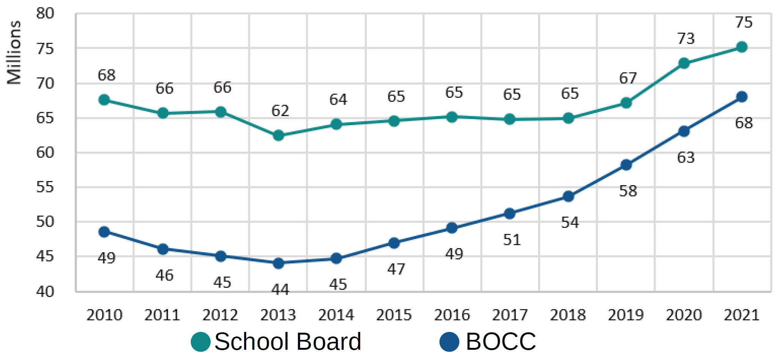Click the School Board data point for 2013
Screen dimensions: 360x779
(278, 135)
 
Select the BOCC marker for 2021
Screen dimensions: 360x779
(742, 97)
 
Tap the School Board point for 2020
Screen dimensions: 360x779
(684, 63)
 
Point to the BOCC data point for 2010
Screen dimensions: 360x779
(104, 232)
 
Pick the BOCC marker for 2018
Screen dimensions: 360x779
(568, 196)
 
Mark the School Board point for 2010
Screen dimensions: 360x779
(104, 100)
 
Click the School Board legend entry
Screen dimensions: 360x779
(277, 341)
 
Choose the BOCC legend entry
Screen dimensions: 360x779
(488, 341)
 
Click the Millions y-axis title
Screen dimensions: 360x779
(14, 52)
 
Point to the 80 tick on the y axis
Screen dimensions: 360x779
(45, 14)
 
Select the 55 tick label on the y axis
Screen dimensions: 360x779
(45, 187)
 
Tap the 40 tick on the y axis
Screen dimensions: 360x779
(45, 292)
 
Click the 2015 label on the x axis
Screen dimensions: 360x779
(394, 315)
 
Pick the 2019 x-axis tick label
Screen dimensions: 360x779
(626, 315)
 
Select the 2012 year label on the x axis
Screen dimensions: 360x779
(220, 315)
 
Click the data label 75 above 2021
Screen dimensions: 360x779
(744, 22)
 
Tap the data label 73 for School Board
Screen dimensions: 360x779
(686, 39)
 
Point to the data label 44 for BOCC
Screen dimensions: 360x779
(280, 290)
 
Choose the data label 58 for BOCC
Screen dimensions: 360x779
(628, 191)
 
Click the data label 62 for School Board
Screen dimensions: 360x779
(280, 111)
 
